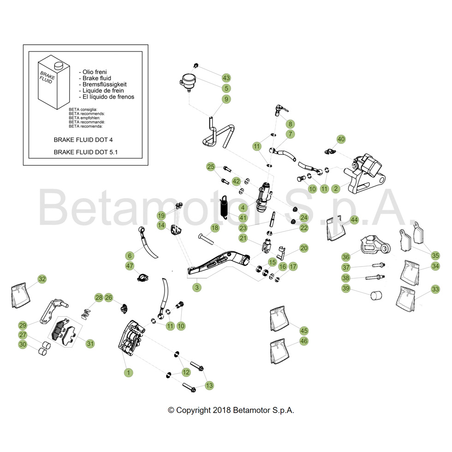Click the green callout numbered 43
[226, 78]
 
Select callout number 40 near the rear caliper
[341, 139]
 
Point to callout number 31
[90, 343]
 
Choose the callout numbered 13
[209, 385]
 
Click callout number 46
[303, 341]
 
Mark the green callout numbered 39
[345, 288]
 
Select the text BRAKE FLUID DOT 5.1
[85, 152]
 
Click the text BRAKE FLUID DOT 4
[83, 138]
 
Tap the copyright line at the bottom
[231, 410]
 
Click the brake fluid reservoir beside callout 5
[188, 82]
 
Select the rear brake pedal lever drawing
[217, 262]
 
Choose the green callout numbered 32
[42, 279]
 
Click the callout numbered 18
[215, 228]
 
